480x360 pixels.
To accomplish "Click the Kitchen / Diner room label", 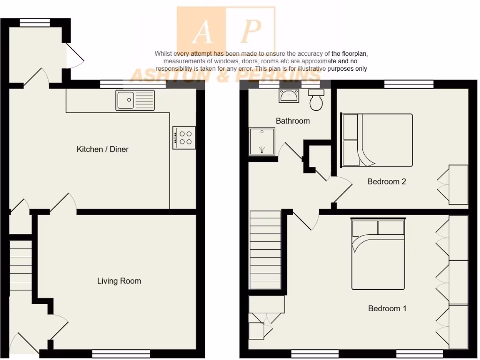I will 102,149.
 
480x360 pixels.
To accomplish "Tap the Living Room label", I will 119,281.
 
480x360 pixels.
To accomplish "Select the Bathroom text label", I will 292,120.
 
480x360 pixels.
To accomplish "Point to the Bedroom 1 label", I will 387,308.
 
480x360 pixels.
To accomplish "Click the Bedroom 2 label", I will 387,181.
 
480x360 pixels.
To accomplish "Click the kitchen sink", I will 135,100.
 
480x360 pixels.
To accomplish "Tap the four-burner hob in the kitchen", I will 184,137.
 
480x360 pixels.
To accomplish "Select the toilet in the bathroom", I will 316,100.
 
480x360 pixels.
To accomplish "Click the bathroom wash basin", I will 289,96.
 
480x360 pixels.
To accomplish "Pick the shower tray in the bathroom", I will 261,141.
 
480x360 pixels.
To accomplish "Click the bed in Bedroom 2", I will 377,140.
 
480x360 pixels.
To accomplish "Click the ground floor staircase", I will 21,267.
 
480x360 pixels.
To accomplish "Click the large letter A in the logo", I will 202,32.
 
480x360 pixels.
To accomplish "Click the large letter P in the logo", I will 251,32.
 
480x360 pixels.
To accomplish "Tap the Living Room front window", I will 121,353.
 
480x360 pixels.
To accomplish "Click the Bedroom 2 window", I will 408,85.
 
